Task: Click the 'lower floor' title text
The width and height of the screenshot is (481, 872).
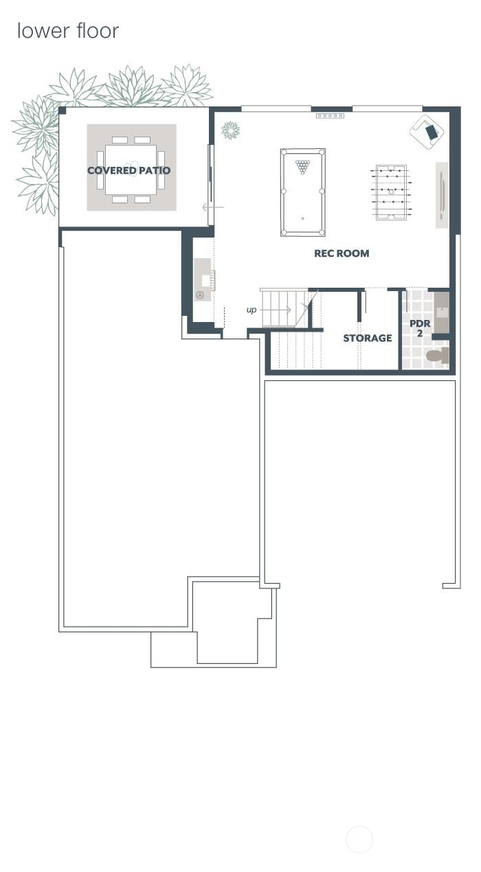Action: point(67,31)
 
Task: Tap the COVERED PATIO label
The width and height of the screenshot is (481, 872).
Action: point(128,170)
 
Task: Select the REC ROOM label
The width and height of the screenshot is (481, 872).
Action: point(342,253)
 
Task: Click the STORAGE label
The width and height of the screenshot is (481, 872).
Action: point(368,338)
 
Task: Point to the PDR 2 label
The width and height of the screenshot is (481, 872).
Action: point(420,328)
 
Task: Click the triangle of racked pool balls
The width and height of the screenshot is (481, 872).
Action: point(302,166)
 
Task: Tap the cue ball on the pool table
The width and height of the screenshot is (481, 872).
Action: point(303,218)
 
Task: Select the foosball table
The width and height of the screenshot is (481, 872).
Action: point(391,192)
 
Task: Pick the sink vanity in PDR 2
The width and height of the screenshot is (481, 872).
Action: point(440,312)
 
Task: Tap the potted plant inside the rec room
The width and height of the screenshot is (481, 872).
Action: point(230,130)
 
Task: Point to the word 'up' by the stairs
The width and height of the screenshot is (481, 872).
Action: point(251,310)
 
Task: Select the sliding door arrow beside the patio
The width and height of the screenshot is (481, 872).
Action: point(213,207)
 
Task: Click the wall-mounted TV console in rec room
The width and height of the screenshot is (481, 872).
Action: point(442,195)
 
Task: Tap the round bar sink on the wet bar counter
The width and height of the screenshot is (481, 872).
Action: point(200,295)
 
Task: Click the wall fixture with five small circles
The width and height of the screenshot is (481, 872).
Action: point(330,116)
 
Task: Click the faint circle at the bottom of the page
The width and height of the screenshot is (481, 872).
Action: point(359,839)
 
